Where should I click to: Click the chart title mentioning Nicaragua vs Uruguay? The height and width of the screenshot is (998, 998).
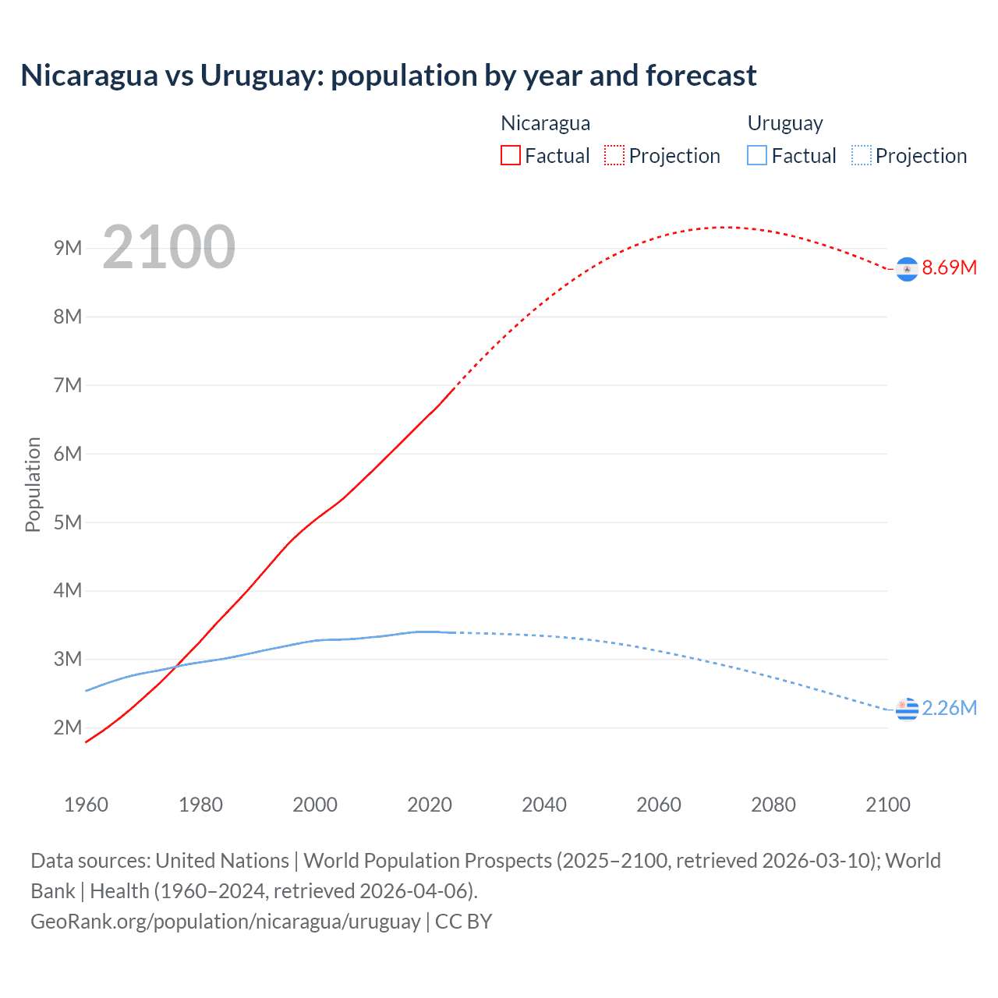(388, 76)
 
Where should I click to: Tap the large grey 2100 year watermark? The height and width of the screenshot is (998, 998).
(168, 247)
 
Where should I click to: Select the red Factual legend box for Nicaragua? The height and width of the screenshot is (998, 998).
(510, 156)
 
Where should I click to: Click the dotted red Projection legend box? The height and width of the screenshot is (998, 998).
(614, 156)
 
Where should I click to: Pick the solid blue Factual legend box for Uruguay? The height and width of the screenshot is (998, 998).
(756, 156)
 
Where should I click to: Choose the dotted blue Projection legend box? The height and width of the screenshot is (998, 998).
(861, 156)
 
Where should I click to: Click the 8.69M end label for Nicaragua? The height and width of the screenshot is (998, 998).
(949, 267)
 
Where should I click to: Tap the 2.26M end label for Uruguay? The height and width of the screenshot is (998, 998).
(949, 708)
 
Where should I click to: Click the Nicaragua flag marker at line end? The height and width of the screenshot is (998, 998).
(907, 269)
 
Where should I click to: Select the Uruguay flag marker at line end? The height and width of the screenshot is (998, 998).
(907, 710)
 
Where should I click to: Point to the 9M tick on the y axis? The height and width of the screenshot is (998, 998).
(68, 248)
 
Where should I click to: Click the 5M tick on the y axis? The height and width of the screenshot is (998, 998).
(68, 522)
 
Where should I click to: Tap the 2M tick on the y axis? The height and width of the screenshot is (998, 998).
(68, 727)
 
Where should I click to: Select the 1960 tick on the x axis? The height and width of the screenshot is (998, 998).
(86, 805)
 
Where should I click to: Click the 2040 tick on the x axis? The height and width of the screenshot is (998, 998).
(544, 805)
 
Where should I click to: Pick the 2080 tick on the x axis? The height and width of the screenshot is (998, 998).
(773, 805)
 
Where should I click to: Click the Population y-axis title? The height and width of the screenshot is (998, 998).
(33, 484)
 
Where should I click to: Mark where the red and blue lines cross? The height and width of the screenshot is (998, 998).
(176, 666)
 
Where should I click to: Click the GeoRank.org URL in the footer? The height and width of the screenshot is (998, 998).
(225, 922)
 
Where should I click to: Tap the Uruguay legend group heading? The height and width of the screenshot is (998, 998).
(785, 123)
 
